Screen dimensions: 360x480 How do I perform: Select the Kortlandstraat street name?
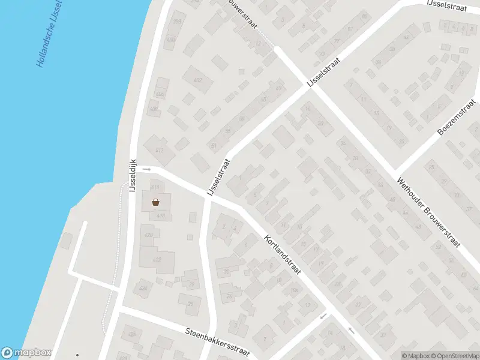[x=281, y=255]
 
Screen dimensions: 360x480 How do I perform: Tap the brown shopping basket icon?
[x=155, y=203]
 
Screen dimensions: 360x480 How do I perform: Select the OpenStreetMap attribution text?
[x=456, y=356]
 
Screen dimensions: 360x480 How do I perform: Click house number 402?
[x=198, y=80]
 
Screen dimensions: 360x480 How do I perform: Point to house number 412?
[x=159, y=151]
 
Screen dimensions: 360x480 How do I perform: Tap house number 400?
[x=171, y=41]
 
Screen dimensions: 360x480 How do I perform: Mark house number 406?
[x=160, y=94]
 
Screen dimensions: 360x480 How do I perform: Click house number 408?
[x=154, y=109]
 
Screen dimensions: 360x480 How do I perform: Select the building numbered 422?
[x=157, y=260]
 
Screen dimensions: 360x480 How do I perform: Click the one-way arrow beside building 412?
[x=146, y=170]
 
